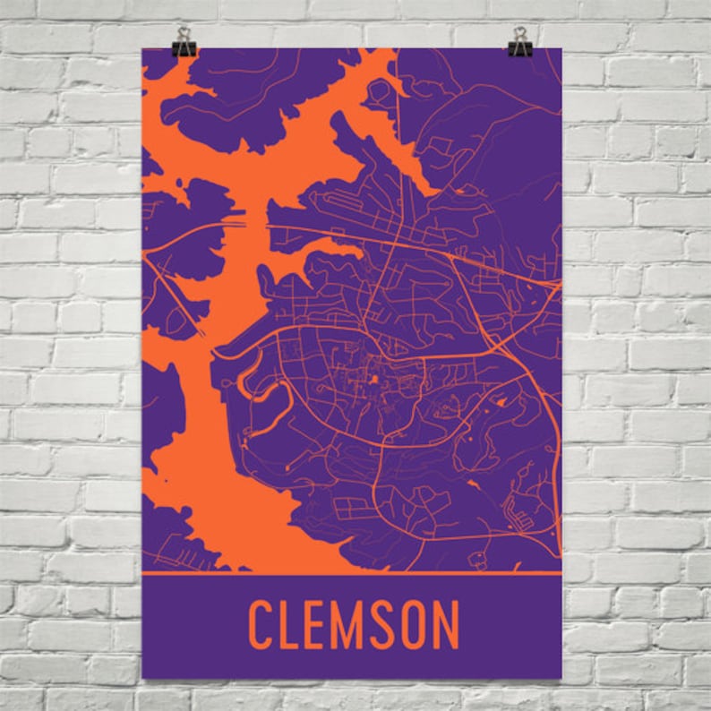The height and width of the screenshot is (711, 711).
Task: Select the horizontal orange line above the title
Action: (352, 572)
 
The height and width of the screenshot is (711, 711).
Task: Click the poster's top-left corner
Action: (143, 49)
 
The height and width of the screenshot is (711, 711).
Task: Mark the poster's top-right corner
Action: (561, 49)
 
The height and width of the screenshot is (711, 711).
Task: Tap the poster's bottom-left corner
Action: (143, 678)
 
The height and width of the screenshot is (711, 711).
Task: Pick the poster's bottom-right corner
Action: (561, 678)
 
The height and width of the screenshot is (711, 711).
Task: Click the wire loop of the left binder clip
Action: (185, 34)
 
